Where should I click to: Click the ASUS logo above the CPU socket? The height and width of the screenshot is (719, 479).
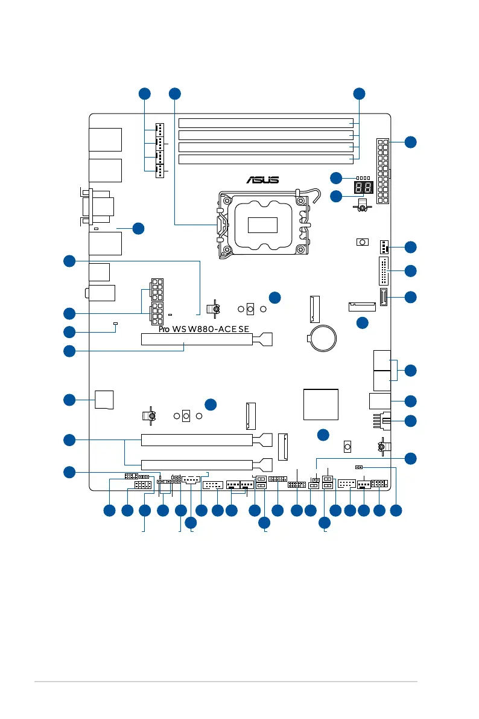click(262, 180)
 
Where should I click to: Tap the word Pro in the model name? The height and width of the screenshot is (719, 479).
click(163, 329)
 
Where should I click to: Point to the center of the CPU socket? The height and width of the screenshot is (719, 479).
click(262, 225)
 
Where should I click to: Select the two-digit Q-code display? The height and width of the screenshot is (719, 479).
click(364, 187)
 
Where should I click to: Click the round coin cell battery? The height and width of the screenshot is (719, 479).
click(323, 339)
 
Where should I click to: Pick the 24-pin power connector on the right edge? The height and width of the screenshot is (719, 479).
click(382, 171)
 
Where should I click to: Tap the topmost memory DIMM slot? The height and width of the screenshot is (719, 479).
click(266, 123)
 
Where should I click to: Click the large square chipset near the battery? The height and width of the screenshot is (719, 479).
click(321, 404)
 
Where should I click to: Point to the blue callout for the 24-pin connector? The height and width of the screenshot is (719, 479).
click(411, 142)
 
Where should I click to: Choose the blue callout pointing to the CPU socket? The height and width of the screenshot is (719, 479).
click(174, 94)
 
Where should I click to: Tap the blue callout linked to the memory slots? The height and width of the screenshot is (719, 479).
click(359, 94)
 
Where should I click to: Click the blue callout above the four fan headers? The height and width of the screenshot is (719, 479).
click(144, 94)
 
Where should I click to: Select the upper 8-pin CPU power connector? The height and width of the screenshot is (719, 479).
click(156, 289)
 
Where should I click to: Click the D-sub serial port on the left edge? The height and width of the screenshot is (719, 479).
click(97, 207)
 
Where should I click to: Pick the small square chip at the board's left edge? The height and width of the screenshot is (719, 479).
click(104, 400)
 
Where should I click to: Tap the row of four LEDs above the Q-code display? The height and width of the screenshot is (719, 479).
click(363, 178)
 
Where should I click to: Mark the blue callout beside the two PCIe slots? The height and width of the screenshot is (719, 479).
click(69, 440)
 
